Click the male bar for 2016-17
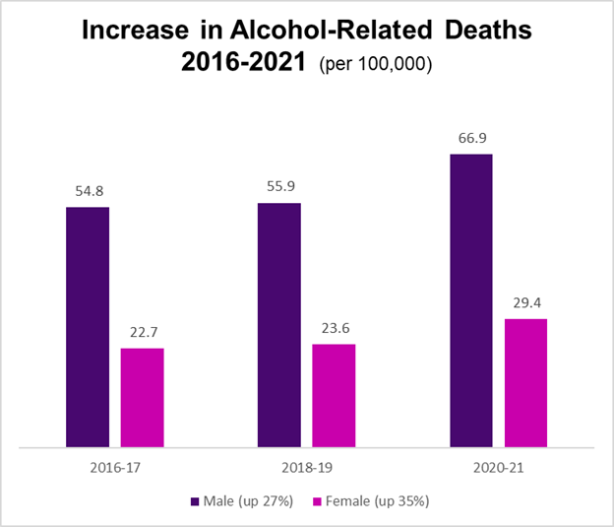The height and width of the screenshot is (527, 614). [88, 327]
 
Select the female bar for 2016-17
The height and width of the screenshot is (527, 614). [143, 398]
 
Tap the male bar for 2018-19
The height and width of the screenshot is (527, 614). [278, 325]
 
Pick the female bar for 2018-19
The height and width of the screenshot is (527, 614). [334, 396]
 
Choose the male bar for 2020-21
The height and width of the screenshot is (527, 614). [470, 300]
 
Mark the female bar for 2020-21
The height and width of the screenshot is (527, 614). [525, 383]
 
